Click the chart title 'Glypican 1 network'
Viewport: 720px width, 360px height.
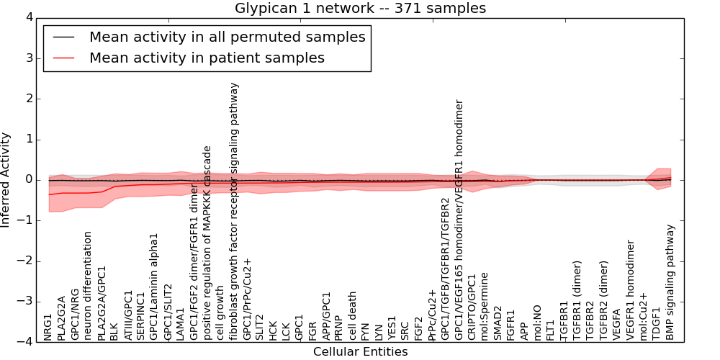[x=360, y=8]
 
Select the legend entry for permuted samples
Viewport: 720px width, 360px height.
[x=227, y=37]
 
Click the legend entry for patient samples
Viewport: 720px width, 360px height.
[x=207, y=58]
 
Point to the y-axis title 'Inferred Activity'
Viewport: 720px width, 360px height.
[x=6, y=180]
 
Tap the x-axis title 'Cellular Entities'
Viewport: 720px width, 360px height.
[x=360, y=352]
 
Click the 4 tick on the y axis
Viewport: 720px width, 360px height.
[x=28, y=17]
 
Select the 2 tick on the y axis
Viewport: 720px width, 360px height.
[x=28, y=99]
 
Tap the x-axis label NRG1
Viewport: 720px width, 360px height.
[x=48, y=327]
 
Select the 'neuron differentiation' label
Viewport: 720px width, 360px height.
[x=88, y=286]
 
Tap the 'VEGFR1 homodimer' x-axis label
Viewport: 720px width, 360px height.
[x=631, y=290]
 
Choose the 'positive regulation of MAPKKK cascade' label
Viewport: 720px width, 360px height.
[x=207, y=243]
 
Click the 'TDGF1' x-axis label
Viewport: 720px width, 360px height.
[x=657, y=325]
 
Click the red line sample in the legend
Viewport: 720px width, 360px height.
[x=63, y=58]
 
